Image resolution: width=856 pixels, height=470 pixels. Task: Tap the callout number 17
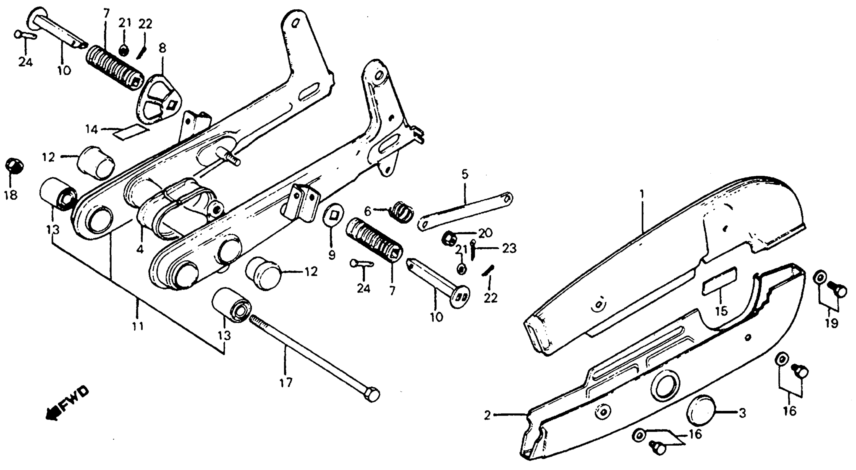[286, 383]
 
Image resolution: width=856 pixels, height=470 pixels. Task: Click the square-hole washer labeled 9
[333, 215]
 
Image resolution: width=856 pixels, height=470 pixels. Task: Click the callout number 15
[721, 311]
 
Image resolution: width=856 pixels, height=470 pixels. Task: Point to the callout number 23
[509, 248]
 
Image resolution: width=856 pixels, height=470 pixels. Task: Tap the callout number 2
[487, 416]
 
